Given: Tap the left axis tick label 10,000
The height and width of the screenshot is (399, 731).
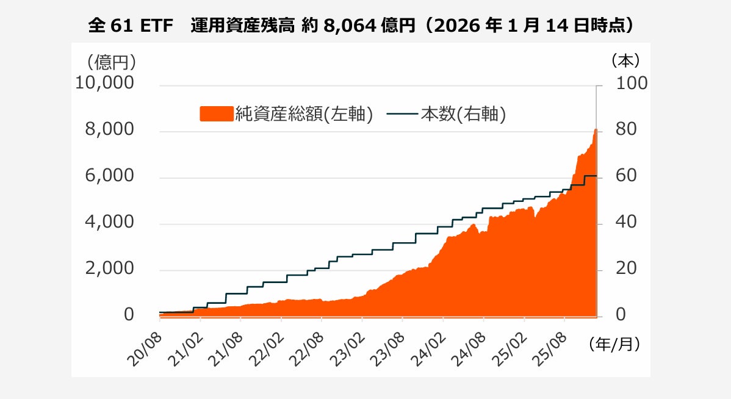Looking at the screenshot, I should point(104,83).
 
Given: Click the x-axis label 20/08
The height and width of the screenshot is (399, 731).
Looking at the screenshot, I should point(146,349).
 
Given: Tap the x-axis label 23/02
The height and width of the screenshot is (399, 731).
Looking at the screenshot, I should point(349,349).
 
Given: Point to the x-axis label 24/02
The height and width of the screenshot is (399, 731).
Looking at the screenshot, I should point(430,349).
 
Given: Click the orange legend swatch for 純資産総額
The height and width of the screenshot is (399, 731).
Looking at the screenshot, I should point(217,114).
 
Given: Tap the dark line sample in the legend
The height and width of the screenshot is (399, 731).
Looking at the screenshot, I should point(402,114).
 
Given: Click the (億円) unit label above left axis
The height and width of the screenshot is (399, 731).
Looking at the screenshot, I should point(110,61).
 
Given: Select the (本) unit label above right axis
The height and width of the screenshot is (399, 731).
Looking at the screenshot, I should point(625,61).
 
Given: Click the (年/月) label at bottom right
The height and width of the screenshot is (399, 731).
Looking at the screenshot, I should point(615,345).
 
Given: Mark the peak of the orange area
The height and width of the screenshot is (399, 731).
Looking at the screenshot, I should point(596,130).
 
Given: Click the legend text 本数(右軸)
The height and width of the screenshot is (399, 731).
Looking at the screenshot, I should point(463,114).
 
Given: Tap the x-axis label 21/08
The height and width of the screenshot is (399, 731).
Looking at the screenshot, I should point(228,349).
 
